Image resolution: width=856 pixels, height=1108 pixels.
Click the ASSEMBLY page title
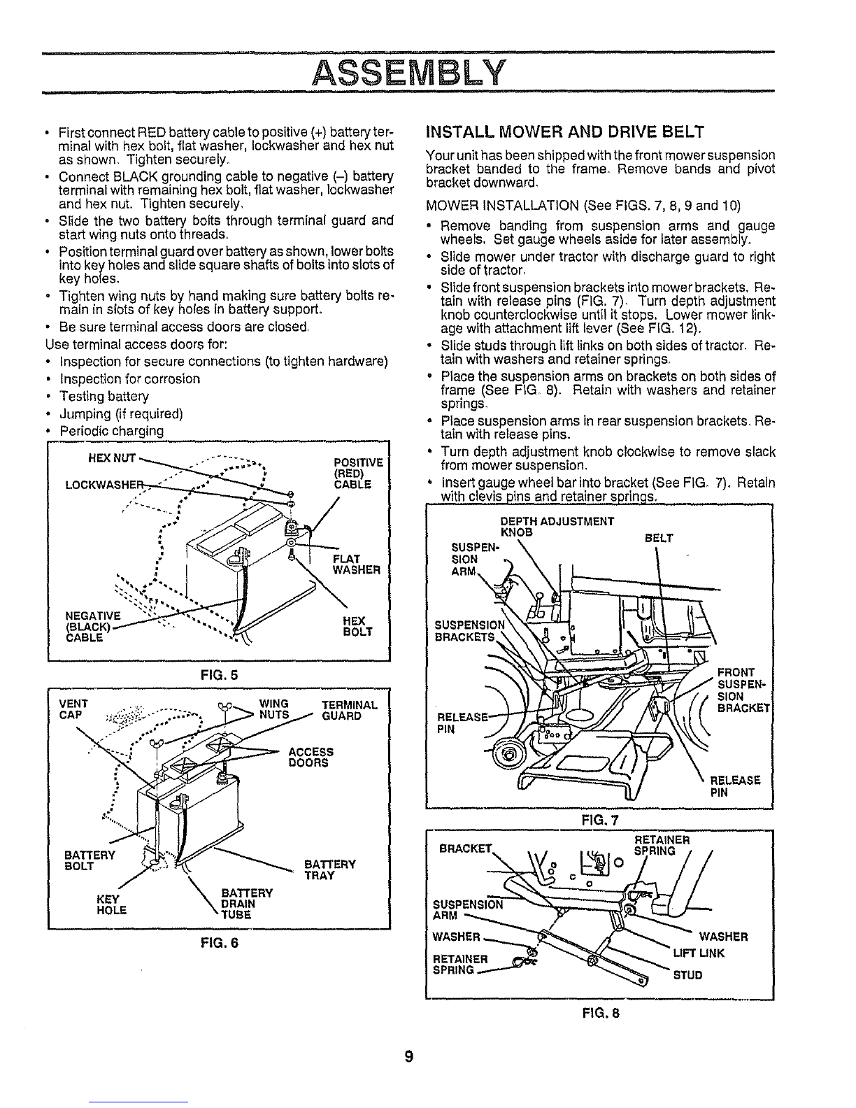pyautogui.click(x=409, y=73)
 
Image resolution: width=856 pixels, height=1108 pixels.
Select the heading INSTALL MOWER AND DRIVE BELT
pyautogui.click(x=564, y=132)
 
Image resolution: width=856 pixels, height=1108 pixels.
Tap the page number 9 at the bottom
pyautogui.click(x=409, y=1056)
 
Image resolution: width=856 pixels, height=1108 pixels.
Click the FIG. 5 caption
pyautogui.click(x=219, y=675)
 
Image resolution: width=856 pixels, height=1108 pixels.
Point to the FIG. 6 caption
pyautogui.click(x=219, y=943)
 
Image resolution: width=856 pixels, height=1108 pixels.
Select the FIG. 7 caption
pyautogui.click(x=600, y=820)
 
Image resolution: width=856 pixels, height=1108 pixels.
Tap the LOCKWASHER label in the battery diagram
pyautogui.click(x=104, y=485)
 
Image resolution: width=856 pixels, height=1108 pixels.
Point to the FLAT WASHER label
pyautogui.click(x=357, y=564)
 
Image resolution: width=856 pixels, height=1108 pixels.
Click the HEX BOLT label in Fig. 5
pyautogui.click(x=357, y=626)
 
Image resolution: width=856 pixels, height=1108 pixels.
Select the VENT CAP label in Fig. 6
pyautogui.click(x=73, y=709)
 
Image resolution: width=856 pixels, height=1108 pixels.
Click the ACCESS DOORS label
pyautogui.click(x=311, y=757)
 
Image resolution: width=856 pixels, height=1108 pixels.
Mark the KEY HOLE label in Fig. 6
pyautogui.click(x=111, y=904)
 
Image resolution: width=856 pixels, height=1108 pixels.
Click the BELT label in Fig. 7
pyautogui.click(x=659, y=539)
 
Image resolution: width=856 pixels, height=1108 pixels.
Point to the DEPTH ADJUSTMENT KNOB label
pyautogui.click(x=557, y=527)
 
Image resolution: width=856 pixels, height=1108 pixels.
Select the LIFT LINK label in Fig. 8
pyautogui.click(x=699, y=953)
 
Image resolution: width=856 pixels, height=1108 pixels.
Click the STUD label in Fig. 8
pyautogui.click(x=687, y=975)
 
